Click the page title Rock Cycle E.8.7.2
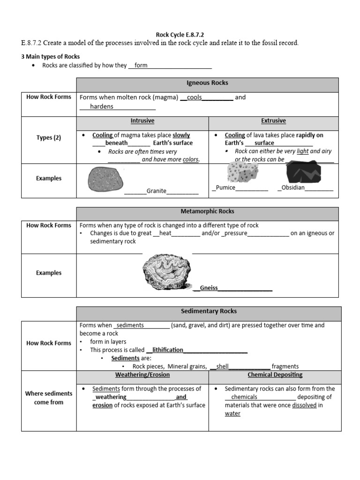[x=180, y=35]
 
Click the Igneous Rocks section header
[x=207, y=83]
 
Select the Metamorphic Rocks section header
[x=207, y=212]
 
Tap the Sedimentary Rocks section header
[x=209, y=311]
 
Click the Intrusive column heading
[x=142, y=121]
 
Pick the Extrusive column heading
[x=273, y=121]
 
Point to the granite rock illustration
[x=106, y=179]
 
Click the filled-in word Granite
[x=157, y=191]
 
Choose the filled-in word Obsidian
[x=293, y=188]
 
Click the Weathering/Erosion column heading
[x=142, y=375]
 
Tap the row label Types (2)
[x=49, y=138]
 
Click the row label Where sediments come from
[x=49, y=398]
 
